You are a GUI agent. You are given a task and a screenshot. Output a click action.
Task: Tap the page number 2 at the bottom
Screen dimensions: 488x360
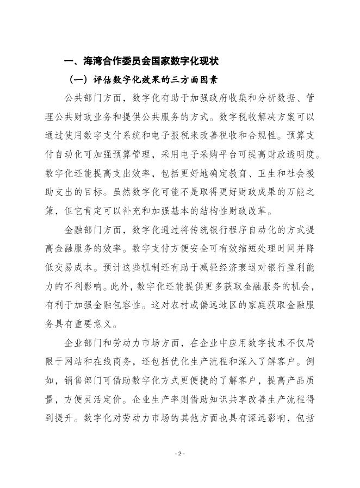[x=180, y=453]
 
